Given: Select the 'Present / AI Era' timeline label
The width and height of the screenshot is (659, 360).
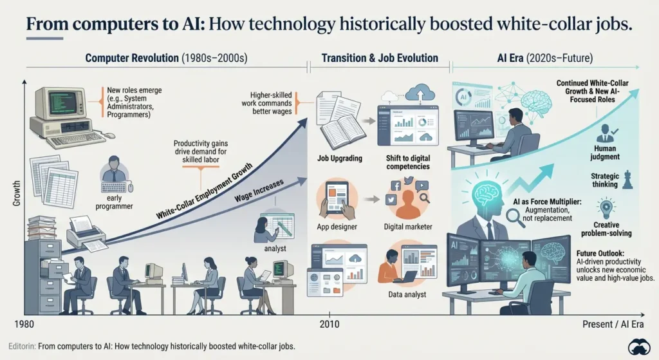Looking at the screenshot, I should point(613,324).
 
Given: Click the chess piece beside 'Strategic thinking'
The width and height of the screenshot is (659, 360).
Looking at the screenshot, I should point(627,180).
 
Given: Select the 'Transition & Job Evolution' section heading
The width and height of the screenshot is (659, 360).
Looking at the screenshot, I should point(380,58).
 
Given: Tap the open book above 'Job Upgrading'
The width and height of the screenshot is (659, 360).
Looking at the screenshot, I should point(343,128).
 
